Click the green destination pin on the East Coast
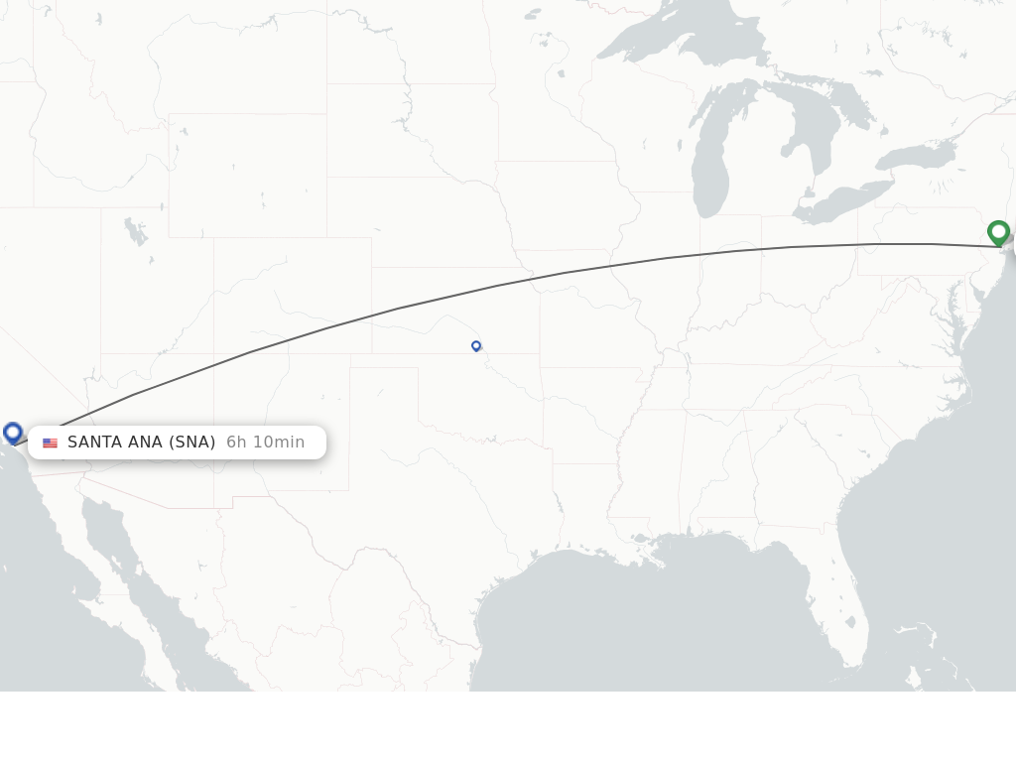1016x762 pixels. coord(998,232)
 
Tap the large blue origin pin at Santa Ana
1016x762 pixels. coord(13,433)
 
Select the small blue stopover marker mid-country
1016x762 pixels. coord(476,345)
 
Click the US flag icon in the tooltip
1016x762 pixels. coord(50,443)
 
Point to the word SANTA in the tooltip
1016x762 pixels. coord(95,443)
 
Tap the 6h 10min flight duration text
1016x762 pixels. coord(265,443)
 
